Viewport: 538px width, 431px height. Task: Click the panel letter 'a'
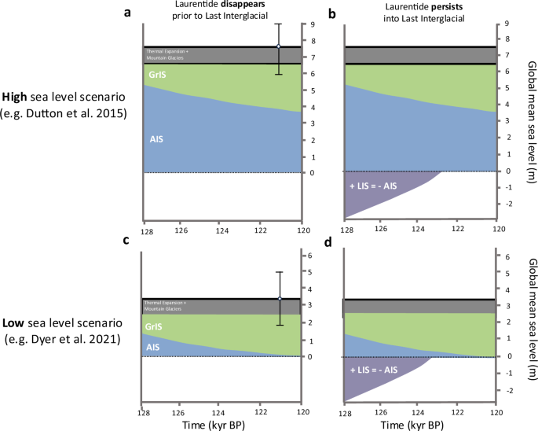pyautogui.click(x=126, y=13)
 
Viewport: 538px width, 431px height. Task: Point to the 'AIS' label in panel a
pyautogui.click(x=157, y=138)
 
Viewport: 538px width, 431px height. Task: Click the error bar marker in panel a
pyautogui.click(x=278, y=47)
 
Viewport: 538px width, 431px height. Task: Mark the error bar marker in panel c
pyautogui.click(x=278, y=299)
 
